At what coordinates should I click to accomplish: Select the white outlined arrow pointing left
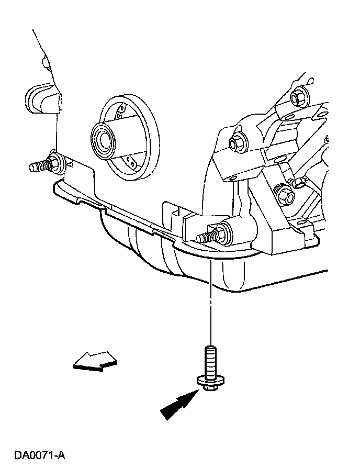click(x=94, y=361)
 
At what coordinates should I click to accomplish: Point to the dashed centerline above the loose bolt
click(x=210, y=304)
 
